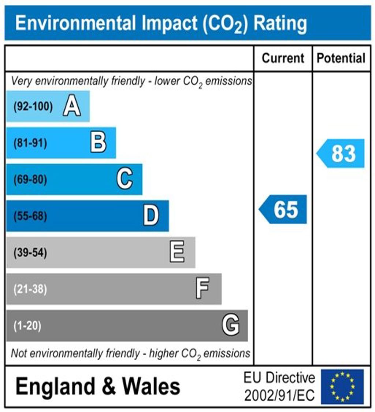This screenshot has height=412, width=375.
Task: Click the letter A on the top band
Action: pyautogui.click(x=72, y=107)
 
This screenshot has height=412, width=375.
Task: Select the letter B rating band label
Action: pyautogui.click(x=98, y=143)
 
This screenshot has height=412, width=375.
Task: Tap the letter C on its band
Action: pyautogui.click(x=125, y=180)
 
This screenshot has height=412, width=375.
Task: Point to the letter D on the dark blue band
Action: pyautogui.click(x=151, y=216)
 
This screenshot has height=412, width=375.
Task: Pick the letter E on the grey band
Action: pyautogui.click(x=177, y=253)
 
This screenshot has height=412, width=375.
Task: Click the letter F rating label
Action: pyautogui.click(x=203, y=289)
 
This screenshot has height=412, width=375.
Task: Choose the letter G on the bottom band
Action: pyautogui.click(x=231, y=325)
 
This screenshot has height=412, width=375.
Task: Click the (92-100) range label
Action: pyautogui.click(x=33, y=107)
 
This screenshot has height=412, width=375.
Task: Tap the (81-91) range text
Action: pyautogui.click(x=30, y=143)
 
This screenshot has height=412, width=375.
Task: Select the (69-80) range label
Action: pyautogui.click(x=30, y=180)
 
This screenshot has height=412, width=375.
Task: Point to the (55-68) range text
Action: pyautogui.click(x=30, y=216)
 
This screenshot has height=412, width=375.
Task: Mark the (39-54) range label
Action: pyautogui.click(x=30, y=253)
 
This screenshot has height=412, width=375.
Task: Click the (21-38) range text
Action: pyautogui.click(x=30, y=289)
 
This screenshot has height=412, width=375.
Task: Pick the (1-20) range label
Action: pyautogui.click(x=27, y=325)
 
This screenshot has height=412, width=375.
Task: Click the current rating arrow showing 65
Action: pyautogui.click(x=283, y=210)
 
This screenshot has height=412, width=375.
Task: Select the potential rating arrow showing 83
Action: pyautogui.click(x=341, y=153)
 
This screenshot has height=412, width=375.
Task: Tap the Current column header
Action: pyautogui.click(x=283, y=58)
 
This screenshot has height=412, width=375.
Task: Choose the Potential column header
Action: pyautogui.click(x=341, y=58)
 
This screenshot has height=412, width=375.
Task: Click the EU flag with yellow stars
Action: pyautogui.click(x=342, y=386)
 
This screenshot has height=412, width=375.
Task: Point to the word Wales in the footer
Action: pyautogui.click(x=151, y=386)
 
